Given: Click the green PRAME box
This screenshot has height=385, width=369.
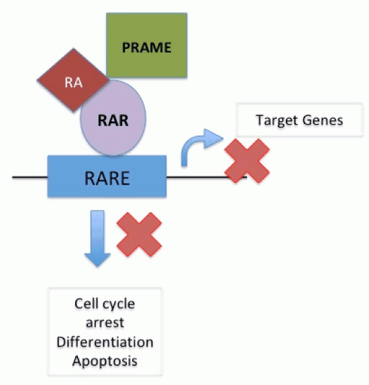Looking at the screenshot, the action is point(147,46).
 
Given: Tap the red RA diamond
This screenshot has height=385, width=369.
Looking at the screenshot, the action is point(73,80).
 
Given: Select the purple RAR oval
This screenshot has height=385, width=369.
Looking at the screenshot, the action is point(113,118).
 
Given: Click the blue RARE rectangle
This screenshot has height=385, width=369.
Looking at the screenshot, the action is point(107,176).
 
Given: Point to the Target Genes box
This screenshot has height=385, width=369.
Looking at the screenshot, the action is point(299,119).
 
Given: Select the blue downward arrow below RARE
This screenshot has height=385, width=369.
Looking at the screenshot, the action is point(97,238).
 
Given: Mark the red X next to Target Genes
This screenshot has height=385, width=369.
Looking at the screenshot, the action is point(247,161).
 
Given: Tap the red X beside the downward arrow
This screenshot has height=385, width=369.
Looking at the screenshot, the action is point(140,235).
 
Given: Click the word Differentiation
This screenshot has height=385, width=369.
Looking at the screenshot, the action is point(105,342).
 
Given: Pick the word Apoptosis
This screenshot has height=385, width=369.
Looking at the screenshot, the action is point(105,361).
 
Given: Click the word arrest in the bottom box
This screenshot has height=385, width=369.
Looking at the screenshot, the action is point(105,323).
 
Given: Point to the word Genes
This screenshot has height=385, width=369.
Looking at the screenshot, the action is point(323,120).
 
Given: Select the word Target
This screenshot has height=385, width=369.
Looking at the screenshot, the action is point(277,120).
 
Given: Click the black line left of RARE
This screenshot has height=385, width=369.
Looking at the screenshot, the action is point(30,177).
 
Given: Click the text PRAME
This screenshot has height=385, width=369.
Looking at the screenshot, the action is point(147,48).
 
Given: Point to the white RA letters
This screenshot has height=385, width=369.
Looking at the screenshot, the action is point(73,82).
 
